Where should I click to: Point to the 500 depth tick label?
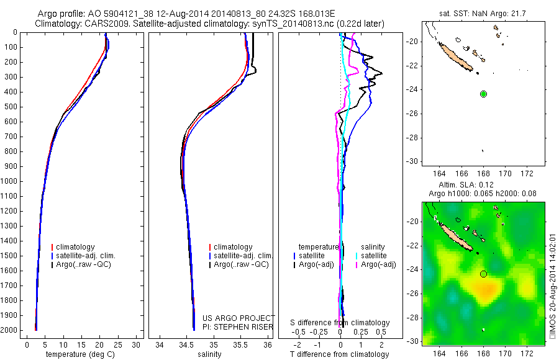tap(11, 107)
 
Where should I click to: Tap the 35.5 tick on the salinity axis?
tap(240, 344)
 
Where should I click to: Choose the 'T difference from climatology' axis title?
tap(340, 354)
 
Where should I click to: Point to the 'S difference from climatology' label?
tap(340, 323)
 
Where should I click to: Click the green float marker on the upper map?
tap(483, 94)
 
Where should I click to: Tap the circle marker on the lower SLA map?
tap(483, 274)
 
